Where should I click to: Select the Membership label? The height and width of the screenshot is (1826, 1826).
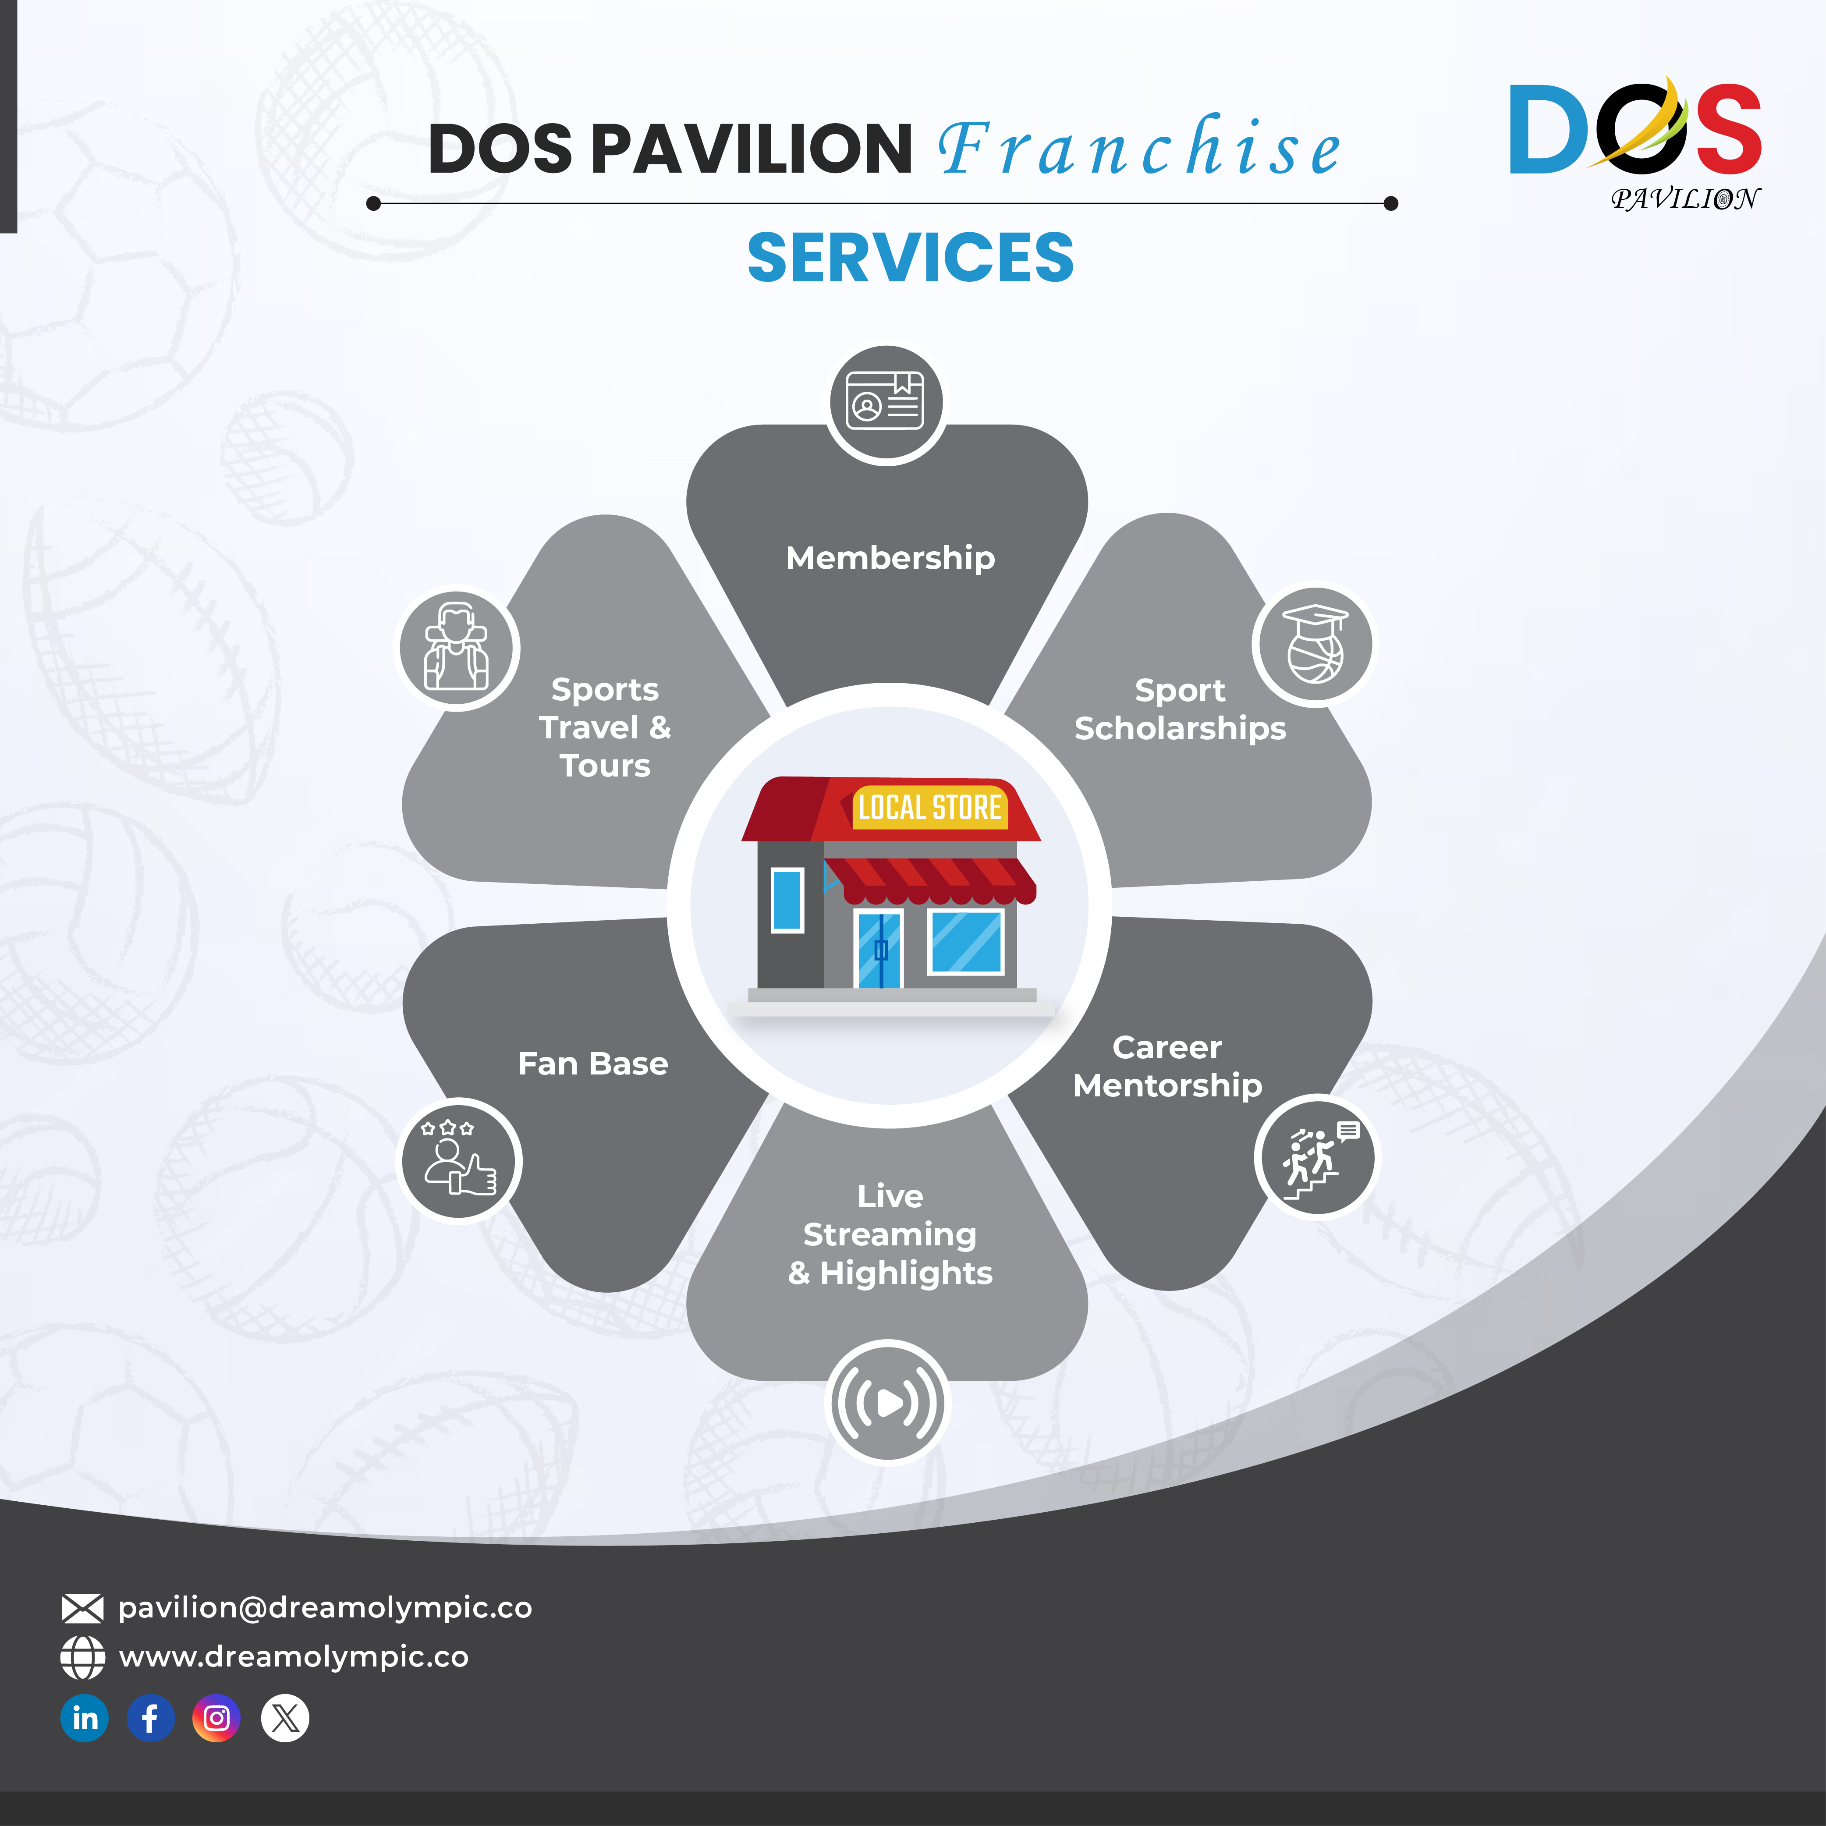(x=890, y=558)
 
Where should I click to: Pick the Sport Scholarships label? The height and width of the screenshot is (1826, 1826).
(x=1181, y=709)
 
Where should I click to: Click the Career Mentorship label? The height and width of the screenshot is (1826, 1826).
(x=1168, y=1066)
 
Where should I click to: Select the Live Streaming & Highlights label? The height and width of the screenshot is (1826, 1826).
(x=890, y=1234)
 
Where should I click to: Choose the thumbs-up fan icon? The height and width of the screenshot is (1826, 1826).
(x=459, y=1161)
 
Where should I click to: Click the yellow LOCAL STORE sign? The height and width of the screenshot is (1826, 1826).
(x=929, y=807)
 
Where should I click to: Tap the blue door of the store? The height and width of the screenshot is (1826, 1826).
(x=879, y=950)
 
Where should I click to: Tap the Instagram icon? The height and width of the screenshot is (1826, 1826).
(x=216, y=1718)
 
